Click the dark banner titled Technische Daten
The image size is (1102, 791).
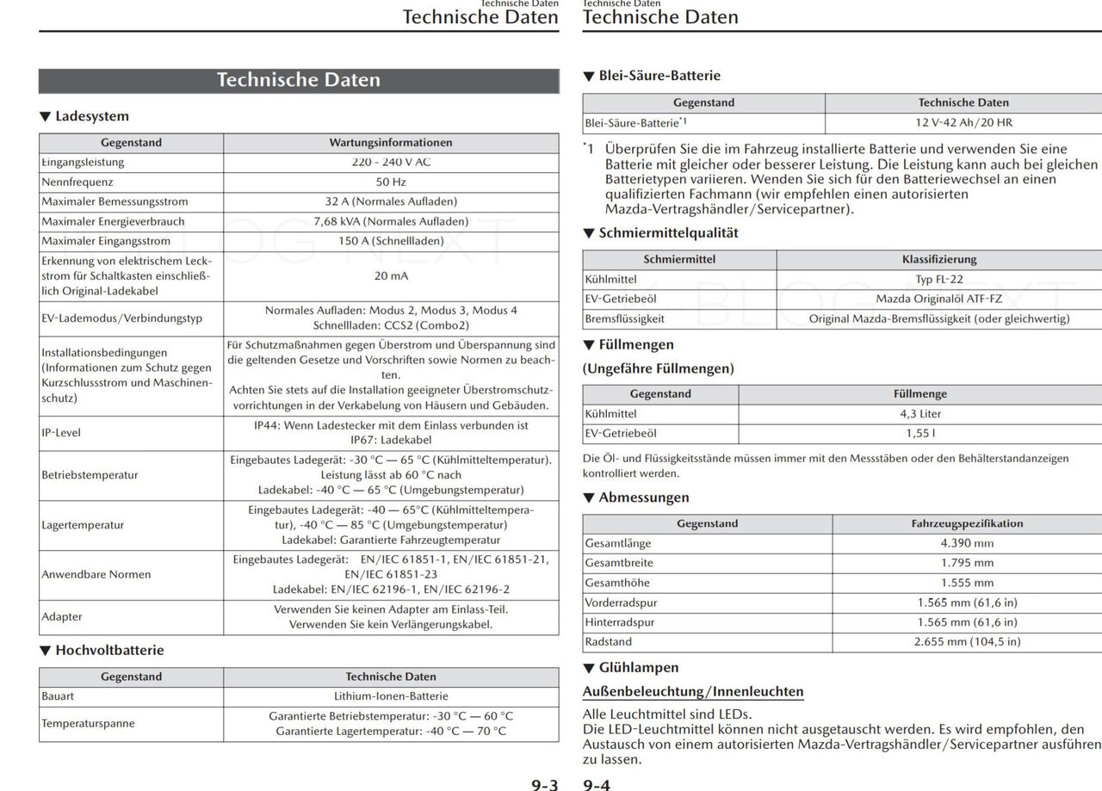click(298, 80)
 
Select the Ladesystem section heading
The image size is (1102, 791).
click(91, 116)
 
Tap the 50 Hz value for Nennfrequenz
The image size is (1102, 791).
click(390, 182)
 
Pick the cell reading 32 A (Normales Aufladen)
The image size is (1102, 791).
click(390, 202)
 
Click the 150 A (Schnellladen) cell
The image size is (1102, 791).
click(390, 242)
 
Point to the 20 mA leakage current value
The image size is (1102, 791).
click(391, 276)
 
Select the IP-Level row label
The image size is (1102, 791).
click(61, 433)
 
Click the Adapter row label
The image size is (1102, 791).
click(62, 617)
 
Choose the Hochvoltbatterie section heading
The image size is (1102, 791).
click(108, 651)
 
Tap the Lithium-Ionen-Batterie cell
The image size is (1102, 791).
click(391, 696)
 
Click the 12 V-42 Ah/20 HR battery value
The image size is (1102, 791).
click(963, 123)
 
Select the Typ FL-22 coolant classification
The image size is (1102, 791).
click(938, 280)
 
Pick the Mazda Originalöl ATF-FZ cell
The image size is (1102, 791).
click(938, 300)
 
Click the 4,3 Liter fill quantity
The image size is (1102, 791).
click(919, 414)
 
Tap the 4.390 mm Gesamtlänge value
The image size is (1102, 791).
click(967, 544)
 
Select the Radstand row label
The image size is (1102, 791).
click(608, 642)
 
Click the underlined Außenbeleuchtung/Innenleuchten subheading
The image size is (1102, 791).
click(693, 692)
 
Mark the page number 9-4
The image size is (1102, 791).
click(597, 784)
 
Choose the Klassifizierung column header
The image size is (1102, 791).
click(938, 260)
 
